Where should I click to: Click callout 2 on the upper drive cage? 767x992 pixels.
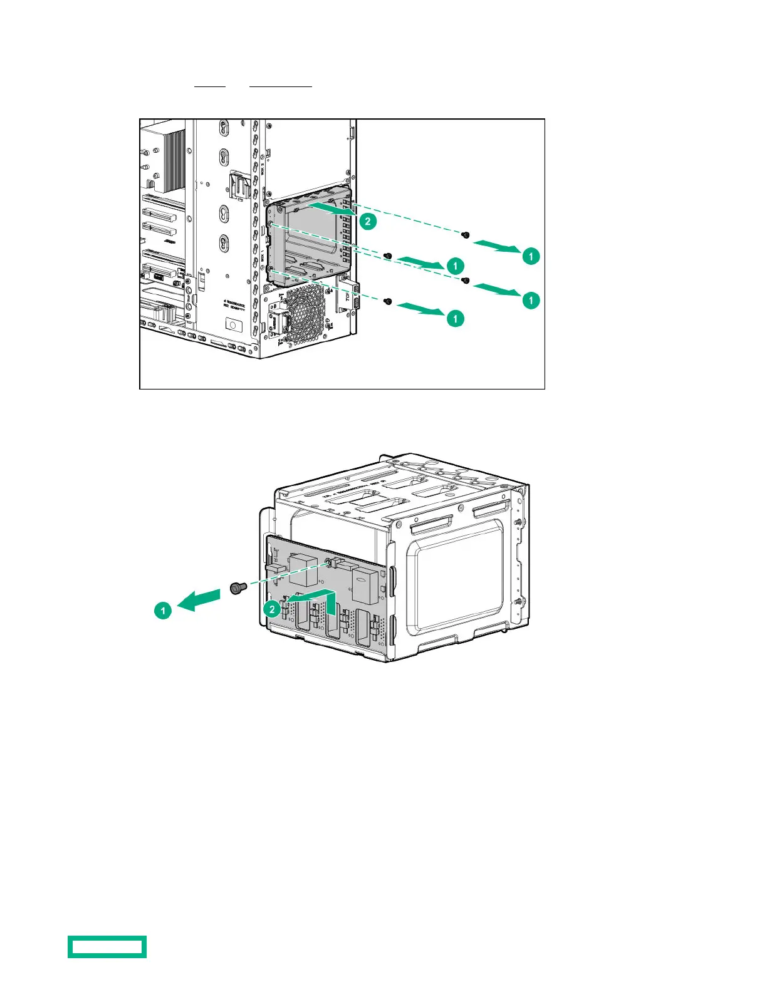(x=368, y=221)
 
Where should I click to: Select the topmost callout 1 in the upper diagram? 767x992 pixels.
(x=531, y=256)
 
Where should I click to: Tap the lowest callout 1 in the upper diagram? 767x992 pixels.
(x=456, y=319)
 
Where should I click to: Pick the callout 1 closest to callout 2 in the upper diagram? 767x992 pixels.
(x=456, y=266)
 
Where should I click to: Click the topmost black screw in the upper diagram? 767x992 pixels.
(x=465, y=235)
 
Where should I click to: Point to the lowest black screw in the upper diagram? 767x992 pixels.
(x=388, y=302)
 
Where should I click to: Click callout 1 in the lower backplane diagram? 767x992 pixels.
(x=163, y=610)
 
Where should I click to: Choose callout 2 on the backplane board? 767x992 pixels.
(x=272, y=609)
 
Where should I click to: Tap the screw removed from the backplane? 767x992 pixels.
(x=236, y=588)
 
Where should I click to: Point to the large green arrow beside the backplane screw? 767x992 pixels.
(x=200, y=600)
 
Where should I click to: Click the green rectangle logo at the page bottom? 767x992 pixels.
(x=107, y=946)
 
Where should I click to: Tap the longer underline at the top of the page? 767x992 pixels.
(x=280, y=86)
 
